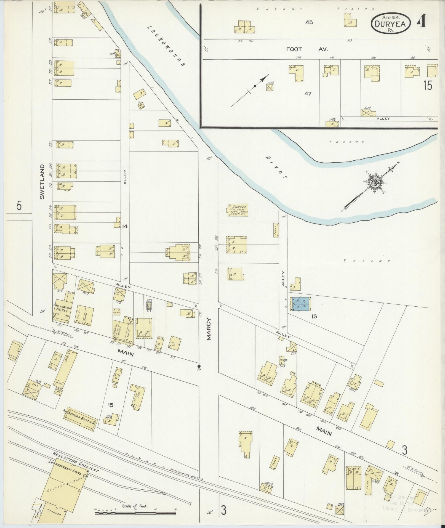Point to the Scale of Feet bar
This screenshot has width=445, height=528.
(135, 513)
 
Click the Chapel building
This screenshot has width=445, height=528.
(238, 210)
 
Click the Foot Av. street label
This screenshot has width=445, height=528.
(306, 49)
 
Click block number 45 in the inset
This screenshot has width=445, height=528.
(309, 22)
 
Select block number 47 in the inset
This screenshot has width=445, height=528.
(308, 94)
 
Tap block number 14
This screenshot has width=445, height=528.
(125, 226)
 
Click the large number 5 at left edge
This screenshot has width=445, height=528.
(19, 206)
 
